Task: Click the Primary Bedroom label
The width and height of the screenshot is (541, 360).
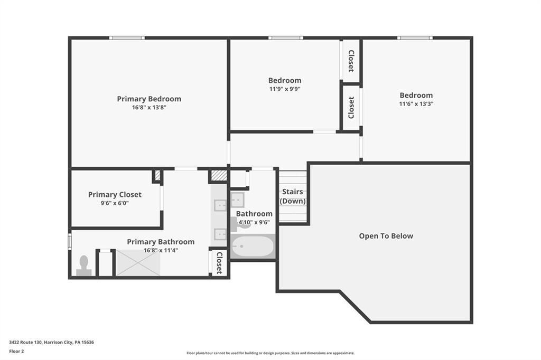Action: tap(149, 99)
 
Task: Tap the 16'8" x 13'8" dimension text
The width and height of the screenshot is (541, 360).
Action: tap(149, 108)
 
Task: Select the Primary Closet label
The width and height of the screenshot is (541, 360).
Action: tap(115, 194)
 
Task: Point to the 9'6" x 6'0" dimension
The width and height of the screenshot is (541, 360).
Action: tap(115, 203)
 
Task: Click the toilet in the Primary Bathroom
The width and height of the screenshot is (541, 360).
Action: tap(84, 266)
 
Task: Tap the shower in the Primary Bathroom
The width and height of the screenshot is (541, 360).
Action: tap(138, 263)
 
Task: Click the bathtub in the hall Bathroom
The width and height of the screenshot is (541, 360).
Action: tap(253, 246)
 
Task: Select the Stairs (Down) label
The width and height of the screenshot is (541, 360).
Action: tap(293, 196)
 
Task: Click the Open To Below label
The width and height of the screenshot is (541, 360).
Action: tap(386, 236)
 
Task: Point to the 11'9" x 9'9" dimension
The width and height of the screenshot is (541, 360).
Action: tap(285, 89)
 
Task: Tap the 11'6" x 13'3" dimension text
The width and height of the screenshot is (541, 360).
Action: tap(416, 104)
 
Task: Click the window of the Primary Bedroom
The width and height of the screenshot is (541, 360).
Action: tap(127, 38)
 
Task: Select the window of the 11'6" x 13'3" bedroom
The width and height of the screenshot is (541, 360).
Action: tap(415, 38)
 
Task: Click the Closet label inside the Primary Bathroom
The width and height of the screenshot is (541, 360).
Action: tap(219, 263)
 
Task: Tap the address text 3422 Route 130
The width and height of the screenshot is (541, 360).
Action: tap(25, 343)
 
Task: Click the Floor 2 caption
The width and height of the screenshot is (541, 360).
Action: tap(16, 352)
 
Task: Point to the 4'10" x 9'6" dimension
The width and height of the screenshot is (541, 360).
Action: tap(254, 222)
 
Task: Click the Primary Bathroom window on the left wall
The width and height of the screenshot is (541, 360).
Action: tap(70, 241)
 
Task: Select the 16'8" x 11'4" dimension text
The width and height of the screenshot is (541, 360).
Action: tap(161, 250)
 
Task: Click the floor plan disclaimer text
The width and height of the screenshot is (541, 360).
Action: tap(270, 353)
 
